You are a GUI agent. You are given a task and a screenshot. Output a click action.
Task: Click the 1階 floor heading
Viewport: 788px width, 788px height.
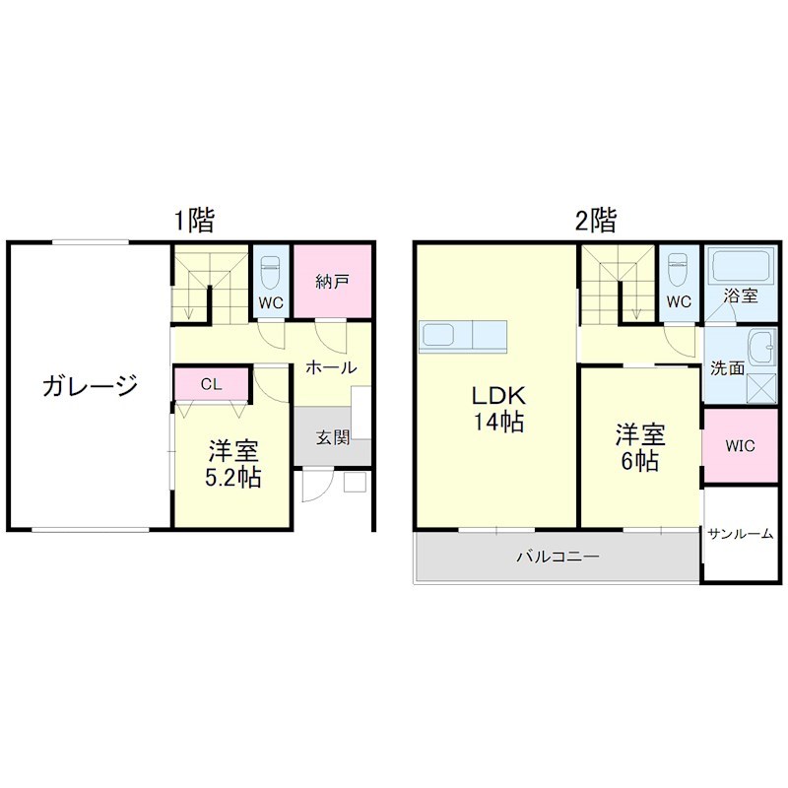pos(194,220)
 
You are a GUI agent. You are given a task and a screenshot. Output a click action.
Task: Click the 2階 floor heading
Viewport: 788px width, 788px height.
pos(595,220)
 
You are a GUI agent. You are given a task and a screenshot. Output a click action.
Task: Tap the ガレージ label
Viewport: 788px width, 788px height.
pos(89,385)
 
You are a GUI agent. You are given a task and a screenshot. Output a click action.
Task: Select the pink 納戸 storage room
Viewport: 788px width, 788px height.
pos(332,281)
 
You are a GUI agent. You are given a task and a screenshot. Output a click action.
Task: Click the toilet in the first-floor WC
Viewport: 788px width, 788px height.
pos(271,269)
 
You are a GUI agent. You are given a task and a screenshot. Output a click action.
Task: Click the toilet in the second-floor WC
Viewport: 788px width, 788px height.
pos(676,268)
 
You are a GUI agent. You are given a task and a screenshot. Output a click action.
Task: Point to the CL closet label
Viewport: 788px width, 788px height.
pos(211,384)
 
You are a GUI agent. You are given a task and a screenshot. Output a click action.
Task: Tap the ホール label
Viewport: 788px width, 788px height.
pos(330,367)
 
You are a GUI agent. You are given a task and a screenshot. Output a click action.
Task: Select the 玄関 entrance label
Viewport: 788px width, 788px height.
pos(332,437)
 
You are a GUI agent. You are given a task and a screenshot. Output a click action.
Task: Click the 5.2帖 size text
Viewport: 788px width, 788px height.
pos(232,480)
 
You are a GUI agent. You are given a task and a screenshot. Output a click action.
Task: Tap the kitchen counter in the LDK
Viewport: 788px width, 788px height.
pos(463,335)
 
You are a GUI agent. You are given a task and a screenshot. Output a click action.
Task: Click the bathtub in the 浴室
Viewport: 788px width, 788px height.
pos(738,267)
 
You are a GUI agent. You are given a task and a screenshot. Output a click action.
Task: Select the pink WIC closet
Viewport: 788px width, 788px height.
pos(740,445)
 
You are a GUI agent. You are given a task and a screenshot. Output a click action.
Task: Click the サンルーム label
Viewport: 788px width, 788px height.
pos(740,533)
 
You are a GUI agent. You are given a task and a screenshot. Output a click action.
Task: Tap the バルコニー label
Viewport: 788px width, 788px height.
pos(558,558)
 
